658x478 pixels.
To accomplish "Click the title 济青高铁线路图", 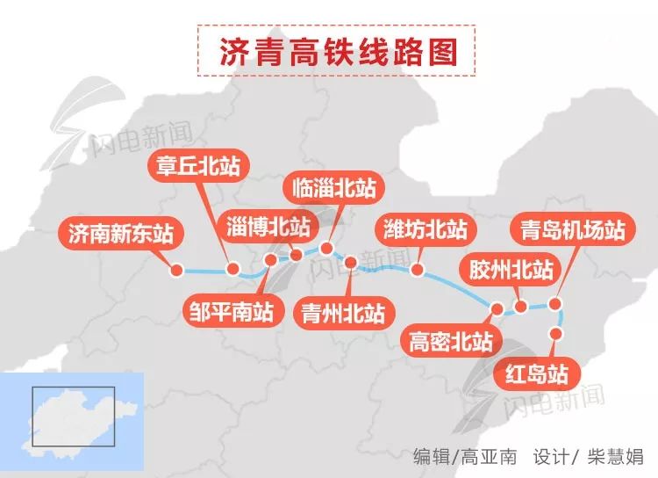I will (x=339, y=52).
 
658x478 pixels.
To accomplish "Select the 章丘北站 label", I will (x=197, y=167).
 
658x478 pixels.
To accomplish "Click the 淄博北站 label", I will (x=268, y=226).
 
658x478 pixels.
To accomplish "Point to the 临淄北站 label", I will (x=333, y=186).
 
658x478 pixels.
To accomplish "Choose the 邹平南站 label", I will (x=231, y=310).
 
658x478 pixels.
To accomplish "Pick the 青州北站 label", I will (x=343, y=312).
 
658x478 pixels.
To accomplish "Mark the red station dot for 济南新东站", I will (x=176, y=271).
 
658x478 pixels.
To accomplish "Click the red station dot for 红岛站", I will (x=554, y=333).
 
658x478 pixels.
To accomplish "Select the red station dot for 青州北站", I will (x=351, y=262).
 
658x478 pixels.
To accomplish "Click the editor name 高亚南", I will (x=487, y=456).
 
